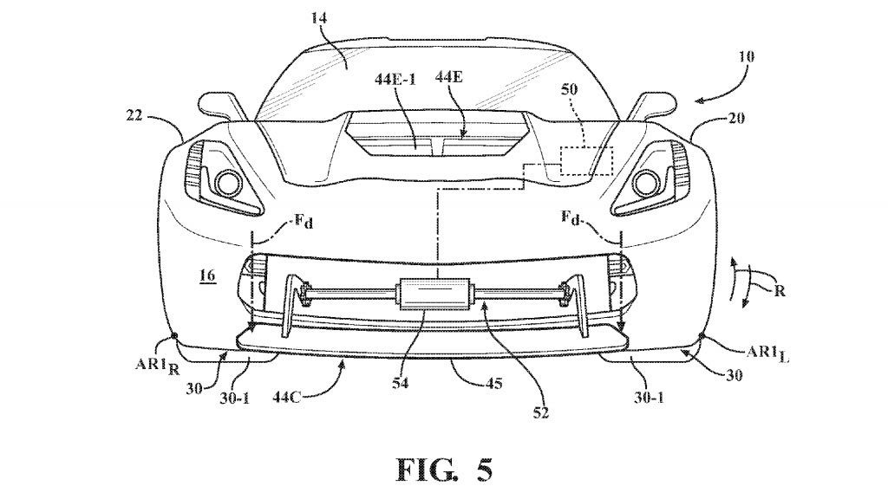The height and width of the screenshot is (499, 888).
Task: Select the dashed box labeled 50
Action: click(585, 162)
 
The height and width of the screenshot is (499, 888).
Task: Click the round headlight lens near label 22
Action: click(230, 182)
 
